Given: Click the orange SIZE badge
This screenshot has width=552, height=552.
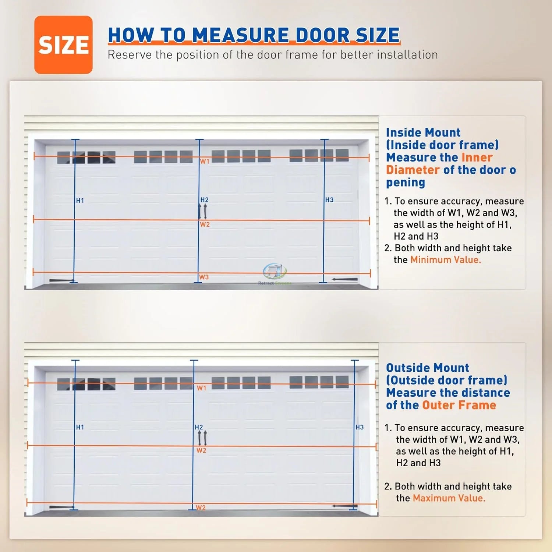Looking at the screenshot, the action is [63, 45].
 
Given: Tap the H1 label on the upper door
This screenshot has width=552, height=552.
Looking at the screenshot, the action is [80, 201].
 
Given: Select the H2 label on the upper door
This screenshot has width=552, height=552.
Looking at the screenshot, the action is [204, 200].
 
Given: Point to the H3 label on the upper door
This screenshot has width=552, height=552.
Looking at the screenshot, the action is [329, 200].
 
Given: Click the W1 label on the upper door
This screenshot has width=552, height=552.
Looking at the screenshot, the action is [205, 161].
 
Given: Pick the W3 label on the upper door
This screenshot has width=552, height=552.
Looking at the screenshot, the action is [204, 277].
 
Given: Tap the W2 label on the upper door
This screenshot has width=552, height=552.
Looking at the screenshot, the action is [205, 224].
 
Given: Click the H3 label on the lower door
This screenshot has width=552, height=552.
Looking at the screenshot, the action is [360, 427].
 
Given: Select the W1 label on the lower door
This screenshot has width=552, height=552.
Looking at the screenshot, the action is [201, 388].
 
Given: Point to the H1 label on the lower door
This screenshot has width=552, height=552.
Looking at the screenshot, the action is [80, 427].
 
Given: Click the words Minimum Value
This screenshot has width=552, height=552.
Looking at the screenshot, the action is [446, 260].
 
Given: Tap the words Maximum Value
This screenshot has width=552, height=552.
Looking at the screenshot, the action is [449, 498].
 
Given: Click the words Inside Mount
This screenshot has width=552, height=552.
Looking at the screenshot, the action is [423, 132].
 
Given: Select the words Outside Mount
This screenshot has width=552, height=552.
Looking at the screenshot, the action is [428, 368].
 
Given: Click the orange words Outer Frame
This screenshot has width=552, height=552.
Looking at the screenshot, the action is [459, 405].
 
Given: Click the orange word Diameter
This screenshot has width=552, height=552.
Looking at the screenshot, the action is [413, 170].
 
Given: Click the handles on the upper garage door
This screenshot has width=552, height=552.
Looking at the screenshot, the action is [202, 211].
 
